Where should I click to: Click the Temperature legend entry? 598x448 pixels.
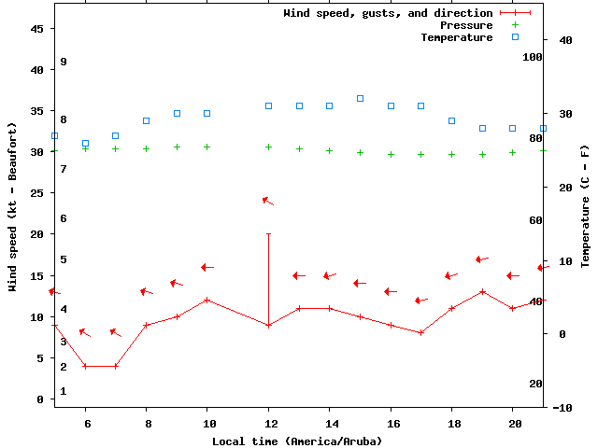click(x=456, y=37)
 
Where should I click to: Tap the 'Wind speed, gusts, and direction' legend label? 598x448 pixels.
click(x=388, y=13)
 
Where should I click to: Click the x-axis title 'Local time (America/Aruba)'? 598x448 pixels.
click(x=297, y=441)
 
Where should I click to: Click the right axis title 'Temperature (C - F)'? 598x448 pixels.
click(x=586, y=205)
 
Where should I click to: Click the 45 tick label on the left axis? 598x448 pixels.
click(x=37, y=29)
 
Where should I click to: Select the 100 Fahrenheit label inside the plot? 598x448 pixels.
click(x=533, y=57)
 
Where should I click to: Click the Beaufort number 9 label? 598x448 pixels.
click(x=64, y=62)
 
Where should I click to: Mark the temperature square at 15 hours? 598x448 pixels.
click(x=360, y=98)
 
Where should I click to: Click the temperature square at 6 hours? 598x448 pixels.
click(x=85, y=144)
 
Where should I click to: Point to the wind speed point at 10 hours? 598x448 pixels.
click(x=207, y=300)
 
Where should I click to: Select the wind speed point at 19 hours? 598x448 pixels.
click(x=482, y=291)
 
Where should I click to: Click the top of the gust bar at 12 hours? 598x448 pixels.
click(x=268, y=234)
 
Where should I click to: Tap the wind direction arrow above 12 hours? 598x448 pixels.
click(x=268, y=201)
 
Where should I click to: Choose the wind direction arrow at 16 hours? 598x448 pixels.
click(x=392, y=291)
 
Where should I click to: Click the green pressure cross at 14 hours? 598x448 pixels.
click(x=329, y=150)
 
